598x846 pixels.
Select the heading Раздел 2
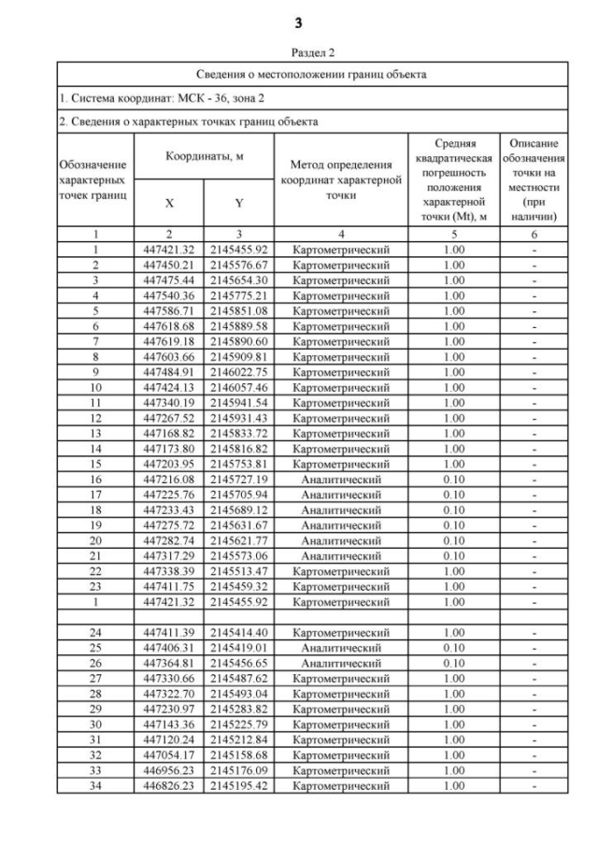tap(299, 53)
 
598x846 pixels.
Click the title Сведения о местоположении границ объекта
tap(299, 74)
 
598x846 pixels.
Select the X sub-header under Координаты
tap(169, 202)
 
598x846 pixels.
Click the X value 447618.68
tap(169, 325)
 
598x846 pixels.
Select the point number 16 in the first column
tap(96, 478)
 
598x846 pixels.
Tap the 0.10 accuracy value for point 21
tap(453, 554)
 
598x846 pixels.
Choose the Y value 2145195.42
tap(239, 786)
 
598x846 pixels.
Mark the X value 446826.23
tap(169, 786)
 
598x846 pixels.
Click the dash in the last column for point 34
tap(534, 786)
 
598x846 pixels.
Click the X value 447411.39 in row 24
tap(169, 632)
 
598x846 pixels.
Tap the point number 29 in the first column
tap(96, 710)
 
